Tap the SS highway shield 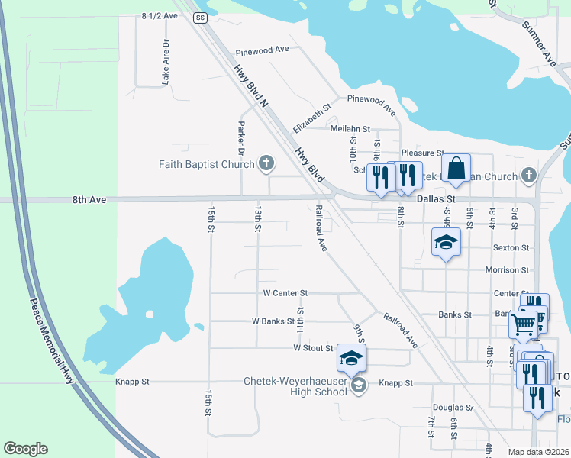pyautogui.click(x=200, y=17)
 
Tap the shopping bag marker pyautogui.click(x=456, y=167)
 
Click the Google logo pyautogui.click(x=25, y=449)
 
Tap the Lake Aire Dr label pyautogui.click(x=165, y=61)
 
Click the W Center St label pyautogui.click(x=285, y=292)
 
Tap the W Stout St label pyautogui.click(x=313, y=348)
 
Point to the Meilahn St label pyautogui.click(x=350, y=129)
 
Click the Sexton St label pyautogui.click(x=511, y=248)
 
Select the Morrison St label pyautogui.click(x=507, y=270)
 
